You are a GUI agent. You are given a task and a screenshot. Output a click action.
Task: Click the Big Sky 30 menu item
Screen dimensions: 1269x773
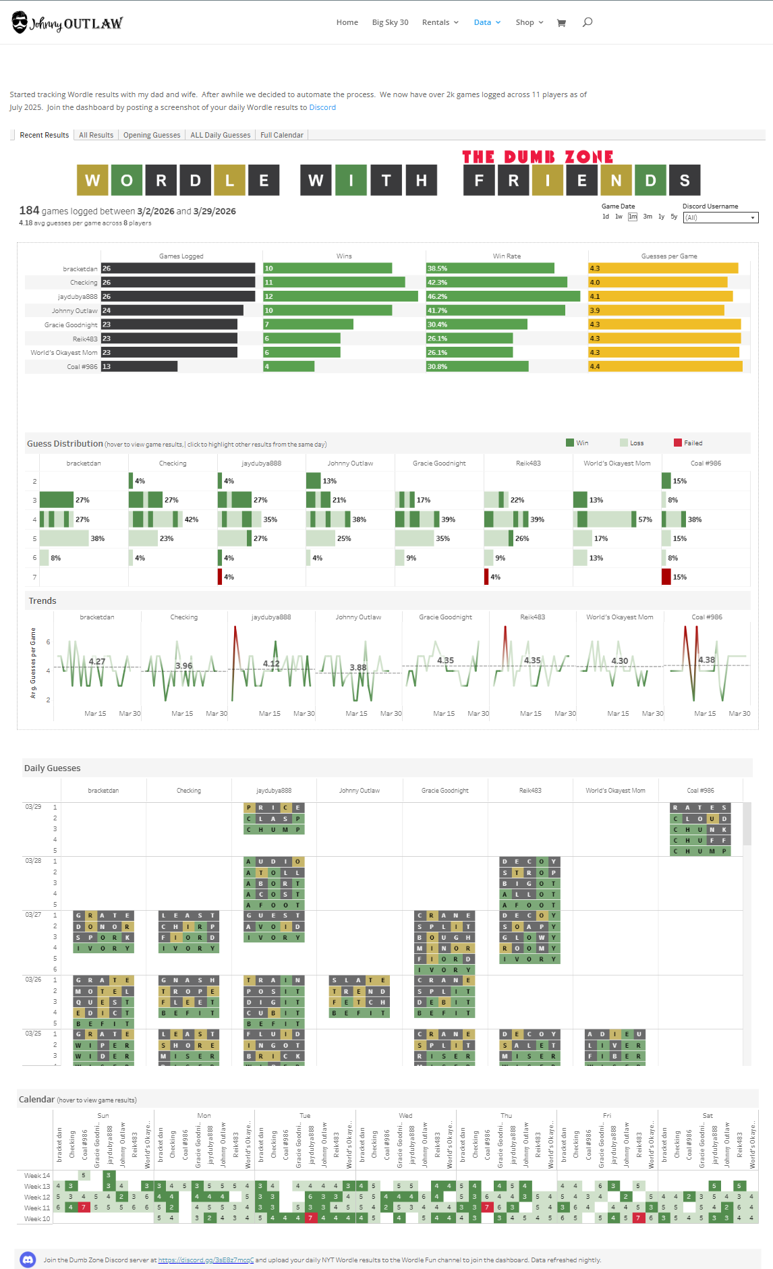coord(390,22)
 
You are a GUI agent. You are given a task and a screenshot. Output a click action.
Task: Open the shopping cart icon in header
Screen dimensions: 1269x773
coord(561,23)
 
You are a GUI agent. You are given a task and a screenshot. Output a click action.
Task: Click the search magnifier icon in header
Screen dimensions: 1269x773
coord(588,22)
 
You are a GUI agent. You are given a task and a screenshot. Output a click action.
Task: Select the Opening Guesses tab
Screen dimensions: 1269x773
coord(152,135)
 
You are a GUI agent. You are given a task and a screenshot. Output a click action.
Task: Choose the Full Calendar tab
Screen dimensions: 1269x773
coord(281,135)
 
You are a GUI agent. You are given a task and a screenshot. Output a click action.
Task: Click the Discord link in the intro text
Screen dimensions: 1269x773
coord(322,107)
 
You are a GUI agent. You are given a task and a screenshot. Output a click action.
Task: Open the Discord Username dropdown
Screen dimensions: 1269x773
coord(720,217)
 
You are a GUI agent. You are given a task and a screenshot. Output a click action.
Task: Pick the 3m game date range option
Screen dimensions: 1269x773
coord(648,217)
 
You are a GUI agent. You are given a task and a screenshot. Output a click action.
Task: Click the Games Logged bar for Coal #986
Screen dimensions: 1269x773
coord(139,366)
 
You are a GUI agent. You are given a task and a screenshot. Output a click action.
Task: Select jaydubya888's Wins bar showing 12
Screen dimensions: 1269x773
coord(340,296)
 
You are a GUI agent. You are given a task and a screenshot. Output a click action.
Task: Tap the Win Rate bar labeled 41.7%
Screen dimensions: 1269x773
coord(495,310)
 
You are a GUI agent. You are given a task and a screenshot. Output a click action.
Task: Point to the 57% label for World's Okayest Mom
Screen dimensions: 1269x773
coord(645,519)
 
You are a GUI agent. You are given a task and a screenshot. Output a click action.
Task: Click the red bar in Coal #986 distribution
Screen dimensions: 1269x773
coord(666,577)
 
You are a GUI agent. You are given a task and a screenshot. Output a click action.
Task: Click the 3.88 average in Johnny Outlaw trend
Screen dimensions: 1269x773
coord(358,667)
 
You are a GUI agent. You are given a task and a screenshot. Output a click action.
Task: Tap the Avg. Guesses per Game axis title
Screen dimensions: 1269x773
coord(33,662)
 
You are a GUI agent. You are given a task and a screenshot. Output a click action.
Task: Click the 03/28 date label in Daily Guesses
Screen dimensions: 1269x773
coord(33,861)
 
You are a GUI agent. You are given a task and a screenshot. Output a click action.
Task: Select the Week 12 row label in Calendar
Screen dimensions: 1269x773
coord(37,1197)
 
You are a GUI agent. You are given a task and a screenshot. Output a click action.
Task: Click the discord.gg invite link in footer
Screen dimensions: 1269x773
coord(206,1260)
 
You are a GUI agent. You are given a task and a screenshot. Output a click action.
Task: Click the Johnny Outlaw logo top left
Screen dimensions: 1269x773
coord(67,23)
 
